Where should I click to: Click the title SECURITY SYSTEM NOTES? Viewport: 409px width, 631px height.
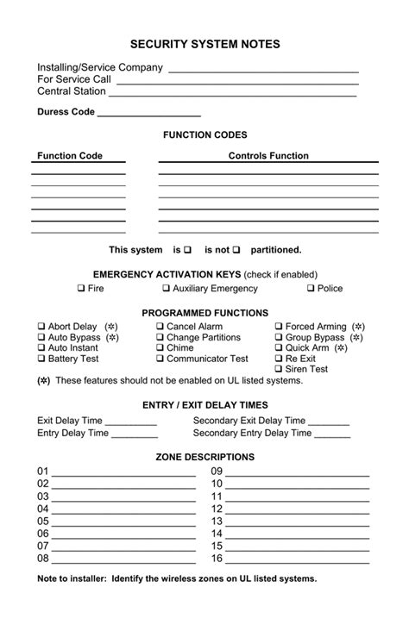[204, 44]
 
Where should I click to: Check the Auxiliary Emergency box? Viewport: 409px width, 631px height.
[166, 289]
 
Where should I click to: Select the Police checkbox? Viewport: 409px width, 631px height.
[311, 289]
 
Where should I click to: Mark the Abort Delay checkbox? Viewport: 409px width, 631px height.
[41, 328]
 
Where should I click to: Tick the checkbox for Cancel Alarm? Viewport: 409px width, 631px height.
[160, 328]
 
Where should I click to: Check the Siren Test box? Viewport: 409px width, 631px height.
[279, 369]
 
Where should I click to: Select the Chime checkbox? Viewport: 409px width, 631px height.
[160, 348]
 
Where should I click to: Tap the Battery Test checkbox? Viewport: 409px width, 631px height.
[41, 359]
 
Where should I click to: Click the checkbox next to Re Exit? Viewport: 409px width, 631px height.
[279, 359]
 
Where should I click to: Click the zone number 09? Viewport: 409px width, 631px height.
[217, 472]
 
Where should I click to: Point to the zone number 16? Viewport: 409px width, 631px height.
[217, 559]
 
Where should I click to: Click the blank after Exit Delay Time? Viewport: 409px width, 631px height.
[131, 422]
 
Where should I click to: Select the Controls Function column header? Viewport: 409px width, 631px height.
[267, 156]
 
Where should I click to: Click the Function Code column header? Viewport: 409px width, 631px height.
[70, 156]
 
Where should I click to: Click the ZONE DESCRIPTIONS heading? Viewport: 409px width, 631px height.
[204, 457]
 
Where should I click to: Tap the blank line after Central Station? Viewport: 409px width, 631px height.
[233, 93]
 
